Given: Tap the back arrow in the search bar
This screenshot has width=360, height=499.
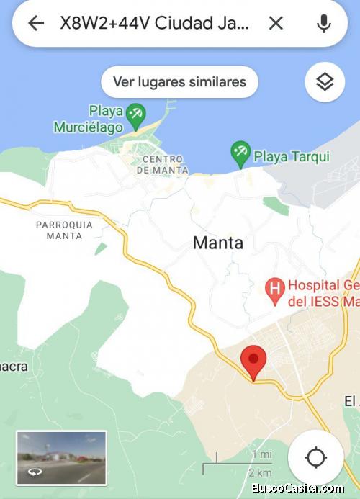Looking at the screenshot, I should click(x=35, y=23).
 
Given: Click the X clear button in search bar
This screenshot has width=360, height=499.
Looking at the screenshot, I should click(x=276, y=23).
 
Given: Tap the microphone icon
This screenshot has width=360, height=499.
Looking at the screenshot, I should click(x=324, y=23).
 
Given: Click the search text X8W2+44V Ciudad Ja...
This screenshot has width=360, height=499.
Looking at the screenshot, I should click(x=155, y=23).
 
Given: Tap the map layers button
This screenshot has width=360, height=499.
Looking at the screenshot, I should click(x=325, y=82).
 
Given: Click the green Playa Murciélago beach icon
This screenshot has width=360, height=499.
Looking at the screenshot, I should click(x=135, y=114).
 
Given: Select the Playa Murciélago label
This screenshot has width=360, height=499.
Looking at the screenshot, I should click(x=87, y=119).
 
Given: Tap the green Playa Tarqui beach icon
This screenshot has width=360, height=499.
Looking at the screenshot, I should click(x=240, y=153).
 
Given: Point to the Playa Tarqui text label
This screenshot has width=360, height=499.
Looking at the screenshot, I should click(x=292, y=156).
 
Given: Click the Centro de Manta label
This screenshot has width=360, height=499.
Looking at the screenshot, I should click(x=165, y=165).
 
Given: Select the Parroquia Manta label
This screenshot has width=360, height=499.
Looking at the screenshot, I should click(x=64, y=230).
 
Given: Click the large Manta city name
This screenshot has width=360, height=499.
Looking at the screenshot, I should click(x=217, y=243).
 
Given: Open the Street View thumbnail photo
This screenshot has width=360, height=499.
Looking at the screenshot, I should click(x=61, y=458).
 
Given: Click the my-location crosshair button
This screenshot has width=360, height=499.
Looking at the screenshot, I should click(x=315, y=457).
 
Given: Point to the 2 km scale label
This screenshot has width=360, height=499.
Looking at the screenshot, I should click(x=259, y=472).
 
